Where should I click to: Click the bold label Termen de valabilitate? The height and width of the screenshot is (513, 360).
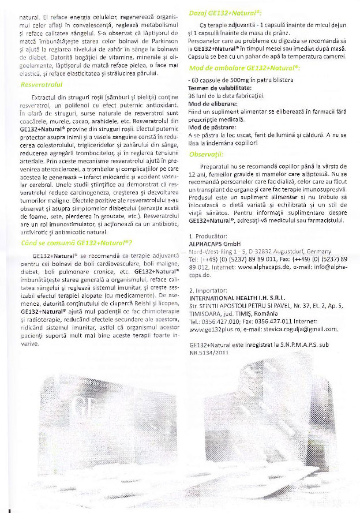pyautogui.click(x=219, y=87)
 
